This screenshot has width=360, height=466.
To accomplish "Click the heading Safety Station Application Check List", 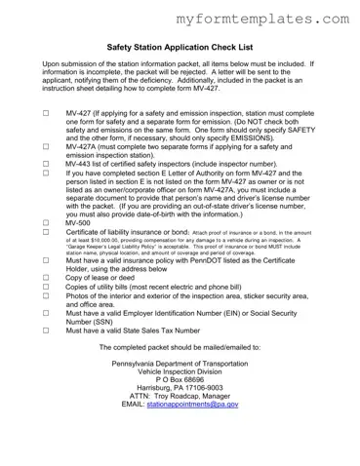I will pyautogui.click(x=180, y=46).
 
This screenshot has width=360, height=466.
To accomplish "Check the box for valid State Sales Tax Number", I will pyautogui.click(x=46, y=358).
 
